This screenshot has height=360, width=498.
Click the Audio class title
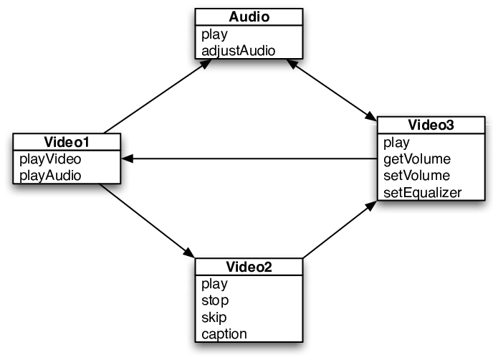click(x=249, y=16)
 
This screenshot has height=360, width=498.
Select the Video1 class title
click(x=67, y=142)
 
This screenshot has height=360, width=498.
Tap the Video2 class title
click(x=249, y=267)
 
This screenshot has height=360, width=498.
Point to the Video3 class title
click(x=431, y=125)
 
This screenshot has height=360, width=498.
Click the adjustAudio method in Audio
click(x=238, y=51)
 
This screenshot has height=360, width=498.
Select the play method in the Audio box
click(x=214, y=34)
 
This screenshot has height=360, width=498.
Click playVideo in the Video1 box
click(x=50, y=159)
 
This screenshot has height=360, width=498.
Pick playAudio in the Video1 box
click(x=50, y=176)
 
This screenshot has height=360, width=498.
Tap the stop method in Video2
click(x=215, y=300)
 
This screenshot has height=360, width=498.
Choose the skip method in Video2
click(x=214, y=317)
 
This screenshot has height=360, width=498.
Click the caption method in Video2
click(x=224, y=334)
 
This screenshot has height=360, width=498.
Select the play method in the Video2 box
click(x=214, y=284)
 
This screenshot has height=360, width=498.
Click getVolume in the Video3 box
click(x=417, y=159)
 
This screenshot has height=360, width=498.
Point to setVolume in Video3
click(x=416, y=176)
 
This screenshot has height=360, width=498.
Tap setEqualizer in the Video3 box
click(x=423, y=193)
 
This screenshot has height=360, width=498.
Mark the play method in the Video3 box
click(x=396, y=142)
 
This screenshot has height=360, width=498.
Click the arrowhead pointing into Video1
click(x=127, y=158)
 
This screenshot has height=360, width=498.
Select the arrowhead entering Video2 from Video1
click(x=188, y=252)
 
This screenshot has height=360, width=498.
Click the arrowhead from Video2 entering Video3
click(x=370, y=206)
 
